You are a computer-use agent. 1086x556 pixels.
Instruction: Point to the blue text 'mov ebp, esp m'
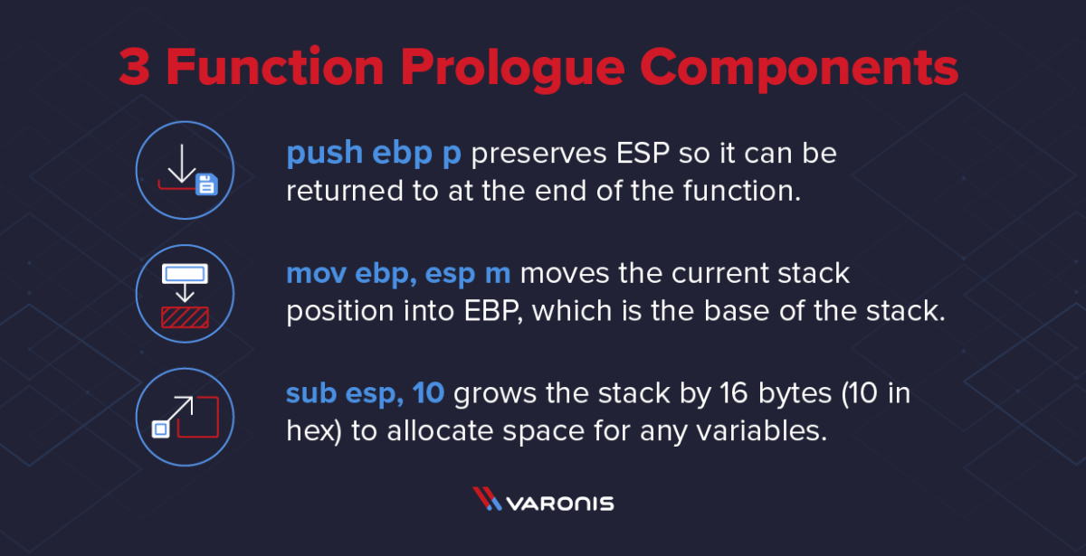point(399,273)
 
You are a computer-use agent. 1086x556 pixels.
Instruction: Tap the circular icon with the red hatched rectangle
point(185,294)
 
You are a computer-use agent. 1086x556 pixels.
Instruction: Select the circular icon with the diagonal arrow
point(185,416)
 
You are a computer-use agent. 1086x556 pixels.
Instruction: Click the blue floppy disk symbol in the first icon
point(206,185)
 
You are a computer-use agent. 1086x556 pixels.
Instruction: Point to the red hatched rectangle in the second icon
point(185,316)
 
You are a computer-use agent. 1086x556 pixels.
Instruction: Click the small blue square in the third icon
point(160,430)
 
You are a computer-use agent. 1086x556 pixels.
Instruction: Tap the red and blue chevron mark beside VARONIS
point(487,500)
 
